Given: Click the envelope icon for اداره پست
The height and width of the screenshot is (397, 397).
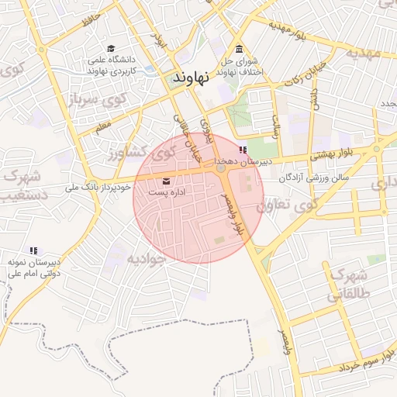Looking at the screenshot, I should [167, 181].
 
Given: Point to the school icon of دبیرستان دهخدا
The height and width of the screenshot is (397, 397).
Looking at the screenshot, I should [243, 149].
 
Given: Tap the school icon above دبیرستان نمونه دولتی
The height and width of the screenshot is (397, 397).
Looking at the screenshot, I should [33, 250].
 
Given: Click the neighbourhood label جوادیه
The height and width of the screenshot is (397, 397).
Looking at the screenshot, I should [147, 258].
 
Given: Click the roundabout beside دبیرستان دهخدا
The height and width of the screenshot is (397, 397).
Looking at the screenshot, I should [221, 168].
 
